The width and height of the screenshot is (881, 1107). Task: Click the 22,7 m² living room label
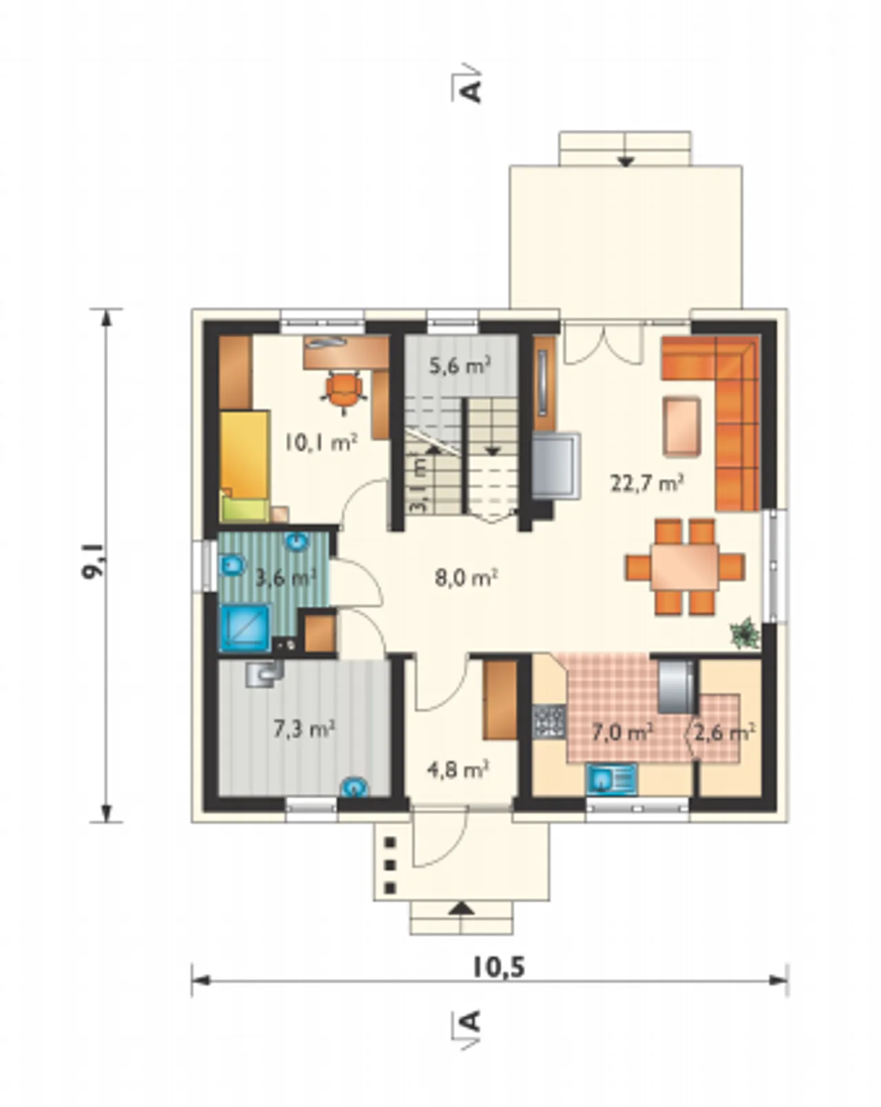click(646, 484)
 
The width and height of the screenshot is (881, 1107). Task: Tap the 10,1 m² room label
click(321, 442)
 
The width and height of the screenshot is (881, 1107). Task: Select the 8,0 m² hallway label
click(466, 578)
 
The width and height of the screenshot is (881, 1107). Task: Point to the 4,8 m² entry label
click(458, 770)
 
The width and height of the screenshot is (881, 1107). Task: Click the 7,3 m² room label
click(304, 729)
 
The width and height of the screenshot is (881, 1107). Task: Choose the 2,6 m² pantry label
click(725, 733)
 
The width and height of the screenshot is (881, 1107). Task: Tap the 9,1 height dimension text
click(93, 561)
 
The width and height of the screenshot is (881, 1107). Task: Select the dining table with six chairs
click(684, 567)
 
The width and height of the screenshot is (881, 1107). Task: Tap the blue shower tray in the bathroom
click(246, 629)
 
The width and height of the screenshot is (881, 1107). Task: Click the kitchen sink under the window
click(611, 780)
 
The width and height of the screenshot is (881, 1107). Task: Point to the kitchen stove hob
click(549, 722)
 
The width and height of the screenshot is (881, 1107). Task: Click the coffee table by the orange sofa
click(682, 427)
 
